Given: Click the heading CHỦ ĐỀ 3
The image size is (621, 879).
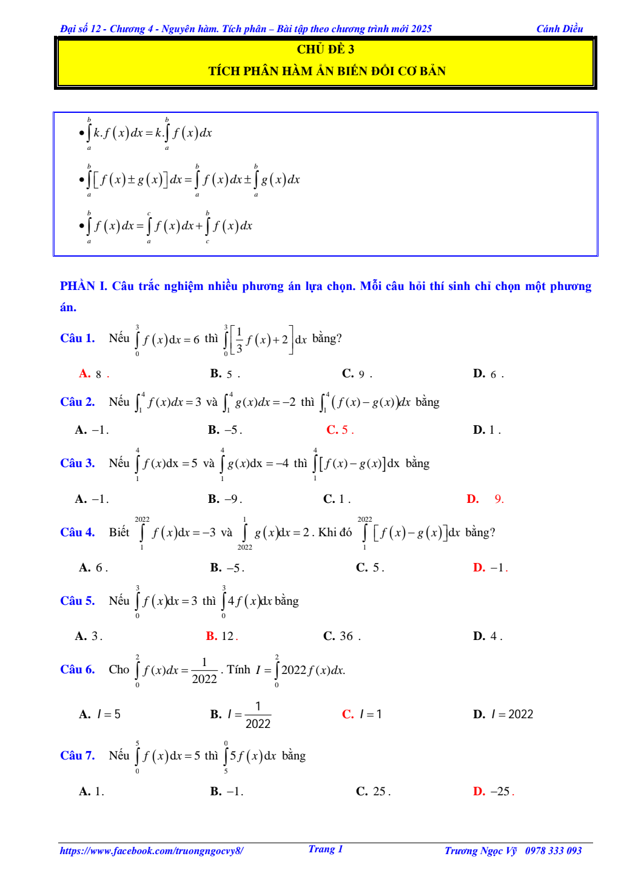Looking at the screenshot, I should tap(326, 50).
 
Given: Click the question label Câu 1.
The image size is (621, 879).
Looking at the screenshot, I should tap(78, 338).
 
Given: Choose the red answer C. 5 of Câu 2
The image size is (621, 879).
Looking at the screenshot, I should tap(340, 430).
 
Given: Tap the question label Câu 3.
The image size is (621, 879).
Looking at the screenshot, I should tap(78, 463).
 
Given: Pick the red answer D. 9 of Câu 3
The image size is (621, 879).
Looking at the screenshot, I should tap(485, 499).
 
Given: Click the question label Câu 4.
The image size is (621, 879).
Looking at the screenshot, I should tap(78, 533).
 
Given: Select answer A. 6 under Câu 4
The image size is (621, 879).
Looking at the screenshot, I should tap(93, 568).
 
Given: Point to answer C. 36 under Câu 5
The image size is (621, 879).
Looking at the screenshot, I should tap(341, 636).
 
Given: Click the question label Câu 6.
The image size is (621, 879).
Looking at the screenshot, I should tap(78, 670).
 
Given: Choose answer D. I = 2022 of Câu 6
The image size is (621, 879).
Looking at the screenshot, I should tap(503, 715).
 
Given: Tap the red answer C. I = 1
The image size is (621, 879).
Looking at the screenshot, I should tap(362, 715).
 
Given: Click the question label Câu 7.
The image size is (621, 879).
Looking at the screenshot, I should tap(78, 756).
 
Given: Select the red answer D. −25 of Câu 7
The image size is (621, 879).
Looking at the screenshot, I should tap(493, 792).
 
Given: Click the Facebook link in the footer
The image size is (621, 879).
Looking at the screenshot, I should tap(152, 851).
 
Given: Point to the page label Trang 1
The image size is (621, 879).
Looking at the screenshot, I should tap(326, 849).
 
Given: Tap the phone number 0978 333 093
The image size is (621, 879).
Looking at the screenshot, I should tap(553, 851).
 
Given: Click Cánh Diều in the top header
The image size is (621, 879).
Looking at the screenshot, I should tap(560, 29).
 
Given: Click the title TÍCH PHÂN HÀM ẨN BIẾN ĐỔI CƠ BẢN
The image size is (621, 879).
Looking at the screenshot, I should tap(327, 72).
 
